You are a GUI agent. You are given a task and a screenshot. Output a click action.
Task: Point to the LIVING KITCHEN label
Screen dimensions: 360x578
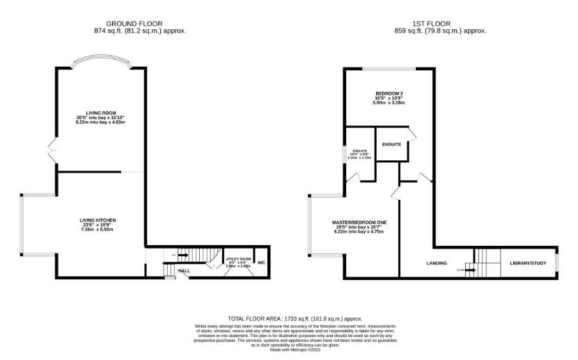point(97,220)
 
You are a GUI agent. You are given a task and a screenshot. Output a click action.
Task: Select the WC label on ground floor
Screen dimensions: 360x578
point(261,263)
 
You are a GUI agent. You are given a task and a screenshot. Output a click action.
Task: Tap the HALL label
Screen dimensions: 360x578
point(185,270)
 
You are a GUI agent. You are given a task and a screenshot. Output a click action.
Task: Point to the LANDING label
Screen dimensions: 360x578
point(437,263)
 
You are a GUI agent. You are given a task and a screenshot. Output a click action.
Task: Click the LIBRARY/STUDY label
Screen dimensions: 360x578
point(527,263)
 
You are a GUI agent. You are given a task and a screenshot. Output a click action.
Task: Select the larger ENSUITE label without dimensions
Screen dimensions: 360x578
point(391,144)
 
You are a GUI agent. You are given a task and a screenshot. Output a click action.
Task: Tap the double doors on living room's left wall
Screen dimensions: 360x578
point(52,148)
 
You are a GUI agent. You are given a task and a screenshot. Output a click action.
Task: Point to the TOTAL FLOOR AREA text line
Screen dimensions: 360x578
point(288,318)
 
